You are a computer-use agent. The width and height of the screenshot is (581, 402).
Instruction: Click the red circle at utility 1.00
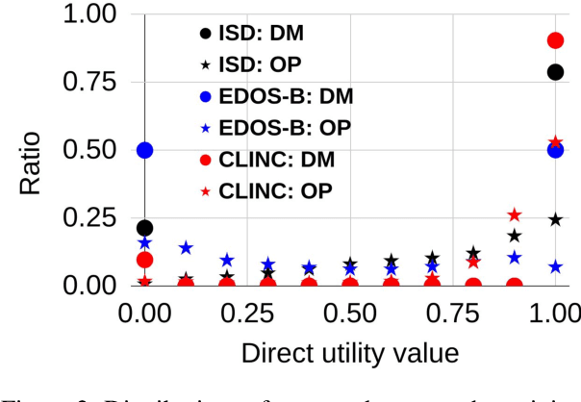555,40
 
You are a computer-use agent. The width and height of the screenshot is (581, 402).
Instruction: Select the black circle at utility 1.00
555,72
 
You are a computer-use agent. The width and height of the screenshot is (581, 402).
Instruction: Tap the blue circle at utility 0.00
145,150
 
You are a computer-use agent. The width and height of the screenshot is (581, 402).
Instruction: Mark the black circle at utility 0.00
145,228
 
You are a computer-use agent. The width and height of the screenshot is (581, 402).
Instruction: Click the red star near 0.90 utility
515,214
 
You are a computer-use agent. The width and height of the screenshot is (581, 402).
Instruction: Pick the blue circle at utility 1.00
555,150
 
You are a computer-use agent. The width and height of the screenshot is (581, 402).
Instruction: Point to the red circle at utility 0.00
145,260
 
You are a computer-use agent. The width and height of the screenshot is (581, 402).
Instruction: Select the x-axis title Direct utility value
349,353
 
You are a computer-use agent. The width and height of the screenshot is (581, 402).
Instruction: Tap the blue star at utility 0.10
186,248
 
